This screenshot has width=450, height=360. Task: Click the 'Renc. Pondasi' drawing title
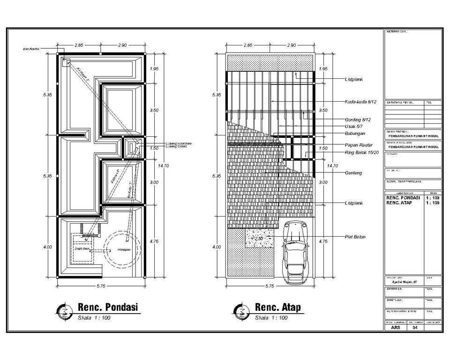(107, 307)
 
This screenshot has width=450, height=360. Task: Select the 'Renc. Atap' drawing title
(278, 307)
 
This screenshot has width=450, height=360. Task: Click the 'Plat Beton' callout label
(355, 237)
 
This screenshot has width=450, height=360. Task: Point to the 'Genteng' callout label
(353, 173)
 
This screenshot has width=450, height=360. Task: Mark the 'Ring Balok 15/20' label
(361, 153)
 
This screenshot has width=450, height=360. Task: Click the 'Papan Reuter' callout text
(358, 145)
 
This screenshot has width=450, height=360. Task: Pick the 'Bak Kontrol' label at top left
(31, 48)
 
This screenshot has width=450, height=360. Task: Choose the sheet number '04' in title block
(414, 328)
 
